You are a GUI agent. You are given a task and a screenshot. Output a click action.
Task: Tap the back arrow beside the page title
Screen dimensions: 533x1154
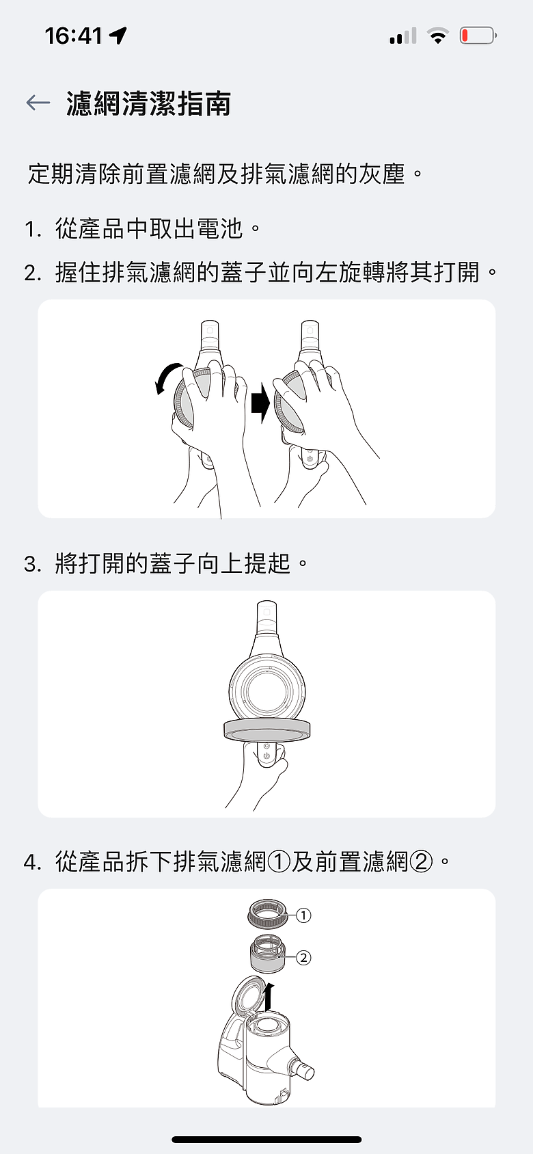pos(38,103)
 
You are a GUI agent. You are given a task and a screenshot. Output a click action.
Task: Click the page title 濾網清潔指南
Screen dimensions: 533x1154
pos(148,103)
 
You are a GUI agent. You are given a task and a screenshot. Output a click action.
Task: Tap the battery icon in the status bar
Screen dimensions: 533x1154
pos(478,36)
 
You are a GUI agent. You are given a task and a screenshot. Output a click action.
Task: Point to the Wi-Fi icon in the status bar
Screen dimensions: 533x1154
pos(438,36)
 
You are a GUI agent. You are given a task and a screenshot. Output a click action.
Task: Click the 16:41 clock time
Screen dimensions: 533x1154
pos(74,36)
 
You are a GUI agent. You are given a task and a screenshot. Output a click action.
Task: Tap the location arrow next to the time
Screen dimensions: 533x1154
pos(118,36)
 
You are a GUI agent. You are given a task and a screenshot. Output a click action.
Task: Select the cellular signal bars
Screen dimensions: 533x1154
pos(403,36)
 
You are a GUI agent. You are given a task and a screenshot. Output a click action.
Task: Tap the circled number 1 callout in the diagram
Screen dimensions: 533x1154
pos(303,915)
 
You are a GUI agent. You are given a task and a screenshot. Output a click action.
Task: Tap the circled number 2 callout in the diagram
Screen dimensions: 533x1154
pos(303,958)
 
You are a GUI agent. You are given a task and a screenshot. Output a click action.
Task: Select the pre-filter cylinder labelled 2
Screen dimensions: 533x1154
pos(267,954)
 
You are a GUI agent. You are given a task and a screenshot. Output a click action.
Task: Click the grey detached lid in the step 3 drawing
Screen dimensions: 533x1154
pos(266,731)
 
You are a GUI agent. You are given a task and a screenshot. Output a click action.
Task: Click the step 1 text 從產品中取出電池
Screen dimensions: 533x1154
pos(149,229)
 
